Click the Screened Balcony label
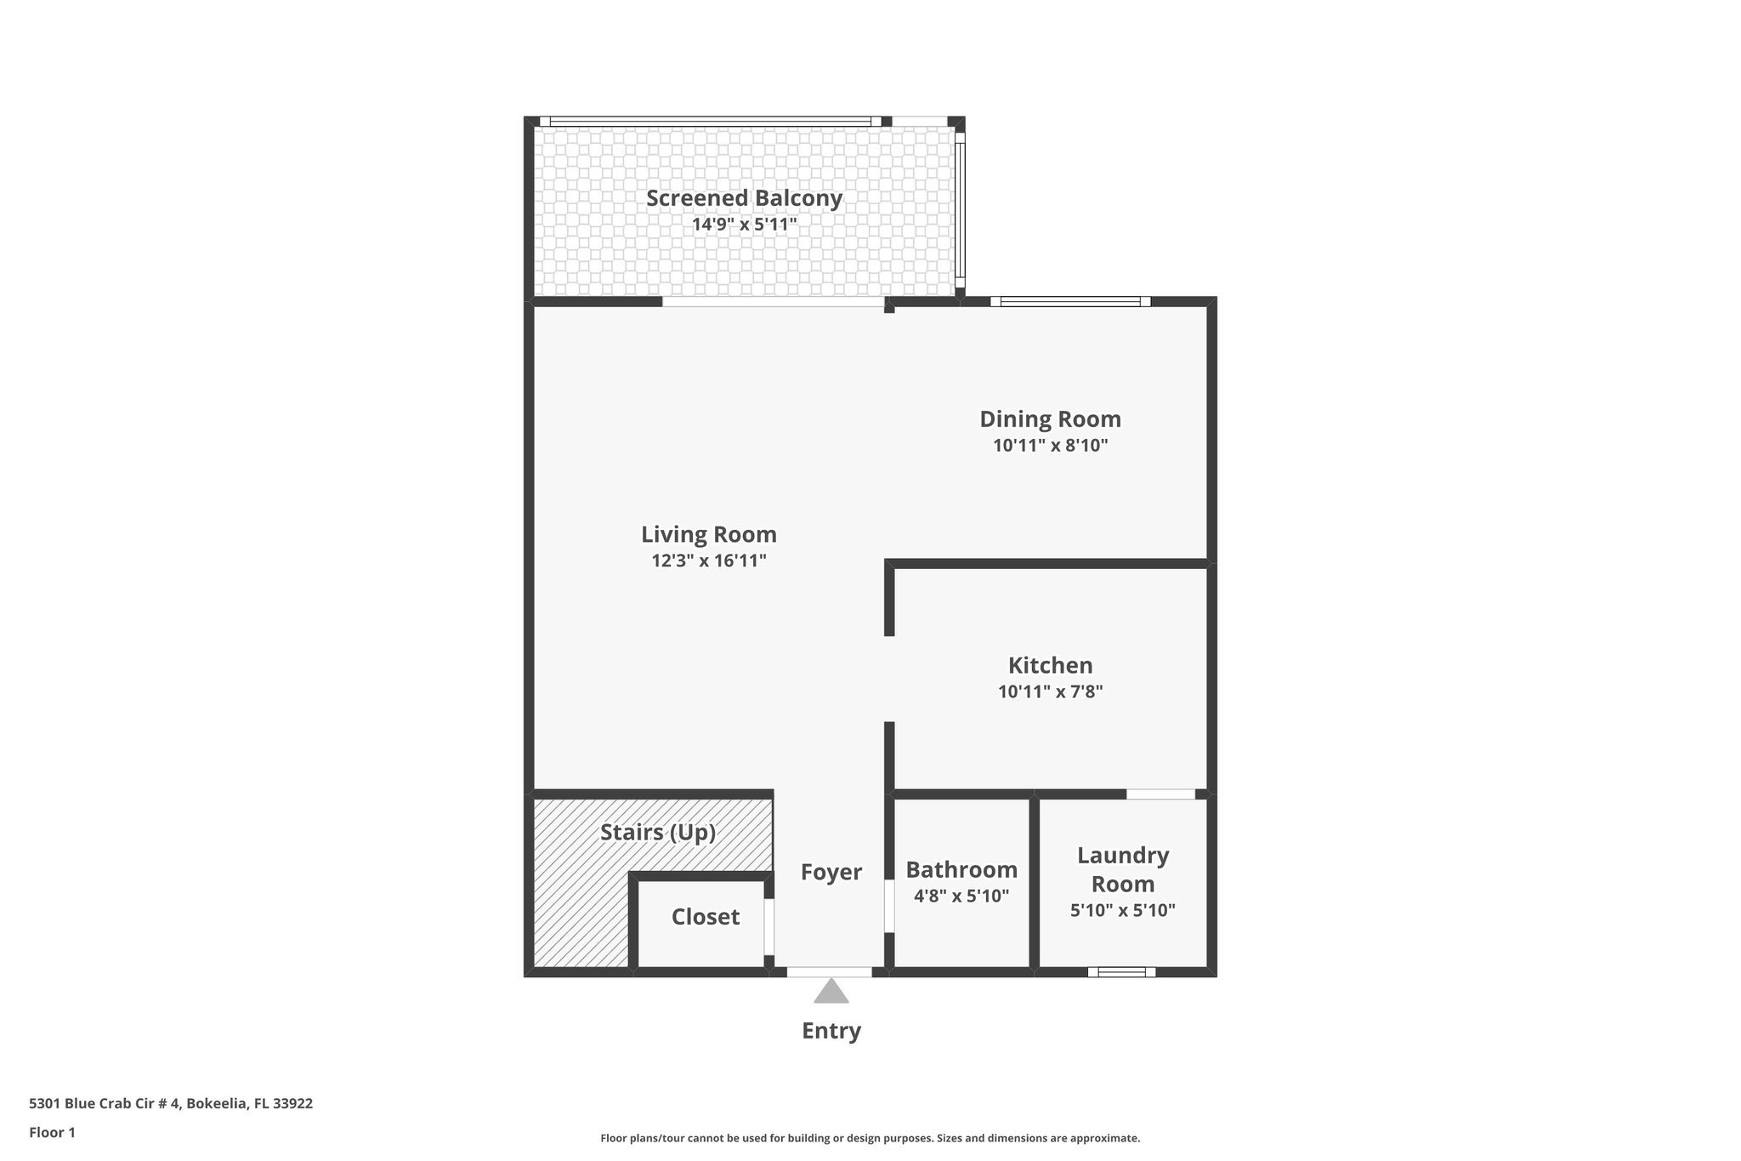click(744, 198)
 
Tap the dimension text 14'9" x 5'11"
click(744, 225)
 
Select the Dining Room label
click(1050, 419)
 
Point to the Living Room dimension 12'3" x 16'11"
click(709, 561)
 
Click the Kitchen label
click(1050, 665)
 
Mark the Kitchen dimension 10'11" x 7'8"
click(1050, 691)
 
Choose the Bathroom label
click(961, 869)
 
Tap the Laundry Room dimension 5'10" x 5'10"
click(1122, 910)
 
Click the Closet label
click(705, 917)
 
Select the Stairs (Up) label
click(657, 832)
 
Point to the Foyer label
click(831, 872)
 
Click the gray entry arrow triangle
click(831, 993)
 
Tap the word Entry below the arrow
click(831, 1031)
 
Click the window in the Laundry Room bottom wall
click(1121, 971)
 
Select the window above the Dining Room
click(1069, 301)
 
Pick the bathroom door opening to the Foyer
click(889, 906)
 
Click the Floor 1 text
click(52, 1133)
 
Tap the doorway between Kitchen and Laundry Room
click(1160, 794)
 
